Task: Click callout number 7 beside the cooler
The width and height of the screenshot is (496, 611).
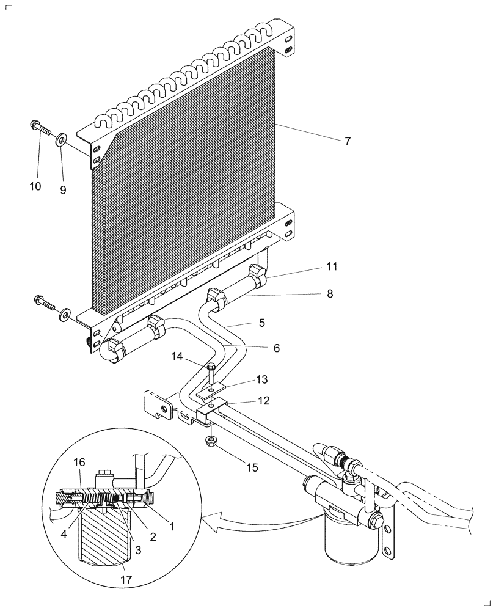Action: [x=347, y=141]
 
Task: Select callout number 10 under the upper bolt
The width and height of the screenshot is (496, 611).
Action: [x=35, y=186]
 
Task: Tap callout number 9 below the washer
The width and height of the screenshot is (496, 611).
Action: [x=63, y=189]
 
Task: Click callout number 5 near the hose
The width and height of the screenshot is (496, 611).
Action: [x=261, y=322]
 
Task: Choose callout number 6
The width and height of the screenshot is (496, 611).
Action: [x=276, y=348]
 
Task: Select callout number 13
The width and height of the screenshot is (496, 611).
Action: [x=262, y=380]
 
